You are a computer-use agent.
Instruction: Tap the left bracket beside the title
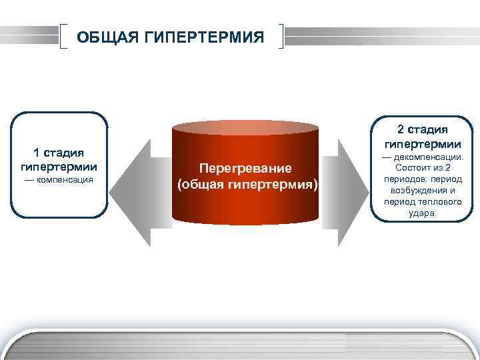pos(64,37)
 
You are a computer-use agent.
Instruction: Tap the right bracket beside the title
pos(283,37)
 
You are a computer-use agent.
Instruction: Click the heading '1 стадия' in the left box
pos(59,153)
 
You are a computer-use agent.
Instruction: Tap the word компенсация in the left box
pos(64,180)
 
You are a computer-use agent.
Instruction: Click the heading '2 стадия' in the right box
pos(423,129)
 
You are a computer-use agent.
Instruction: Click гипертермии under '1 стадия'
pos(59,166)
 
